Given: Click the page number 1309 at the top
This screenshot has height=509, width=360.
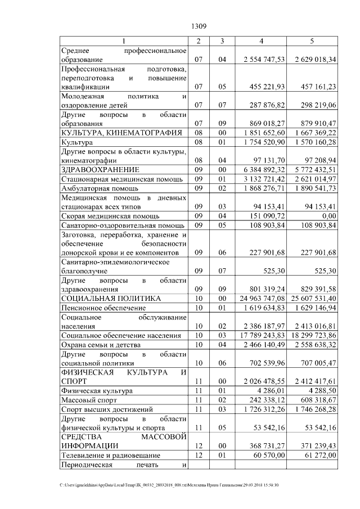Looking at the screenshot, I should point(200,26).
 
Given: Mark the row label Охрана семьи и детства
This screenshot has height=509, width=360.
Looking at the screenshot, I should point(101,344).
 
